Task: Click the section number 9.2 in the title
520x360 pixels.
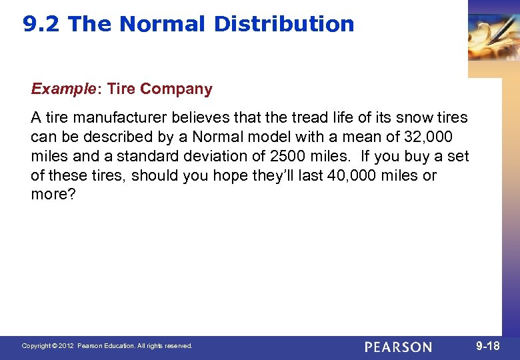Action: coord(42,24)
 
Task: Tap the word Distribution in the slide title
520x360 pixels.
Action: coord(284,24)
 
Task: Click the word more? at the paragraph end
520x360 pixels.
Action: coord(50,195)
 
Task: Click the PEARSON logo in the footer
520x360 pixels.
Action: coord(398,347)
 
